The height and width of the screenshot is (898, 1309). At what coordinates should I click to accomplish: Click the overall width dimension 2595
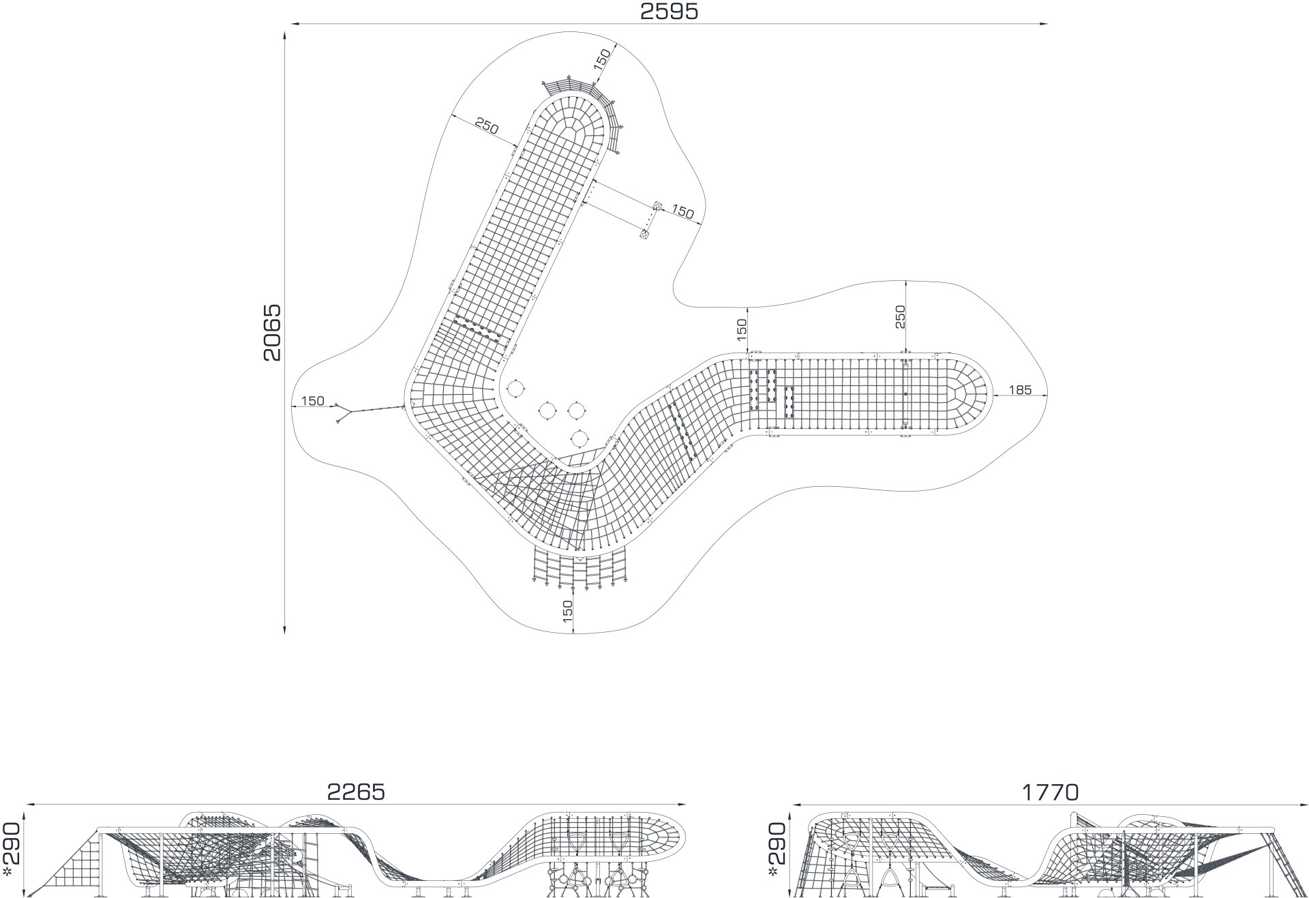(669, 12)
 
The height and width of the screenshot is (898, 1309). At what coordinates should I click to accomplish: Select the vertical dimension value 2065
(271, 332)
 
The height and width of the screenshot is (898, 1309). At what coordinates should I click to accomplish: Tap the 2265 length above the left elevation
(356, 792)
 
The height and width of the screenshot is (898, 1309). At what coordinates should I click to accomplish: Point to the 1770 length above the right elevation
(1050, 792)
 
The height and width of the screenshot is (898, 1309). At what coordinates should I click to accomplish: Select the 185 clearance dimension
(1020, 390)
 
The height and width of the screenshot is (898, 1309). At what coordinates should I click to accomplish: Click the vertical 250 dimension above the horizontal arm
(901, 317)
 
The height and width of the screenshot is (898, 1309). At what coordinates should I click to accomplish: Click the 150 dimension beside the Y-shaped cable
(312, 401)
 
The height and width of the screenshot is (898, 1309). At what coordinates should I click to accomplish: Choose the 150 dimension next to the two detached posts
(682, 211)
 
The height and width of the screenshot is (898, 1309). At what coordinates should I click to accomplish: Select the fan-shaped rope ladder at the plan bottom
(578, 567)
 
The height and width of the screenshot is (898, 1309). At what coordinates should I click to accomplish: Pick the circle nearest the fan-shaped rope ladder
(579, 437)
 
